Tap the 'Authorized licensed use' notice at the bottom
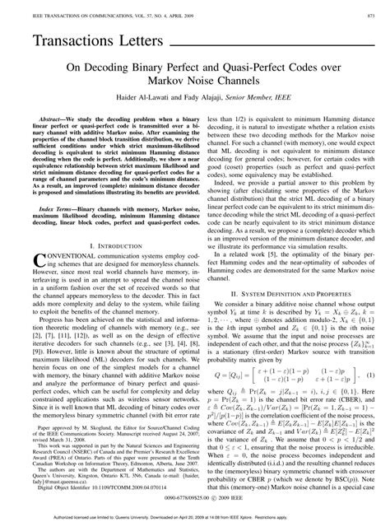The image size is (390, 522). coord(195,515)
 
